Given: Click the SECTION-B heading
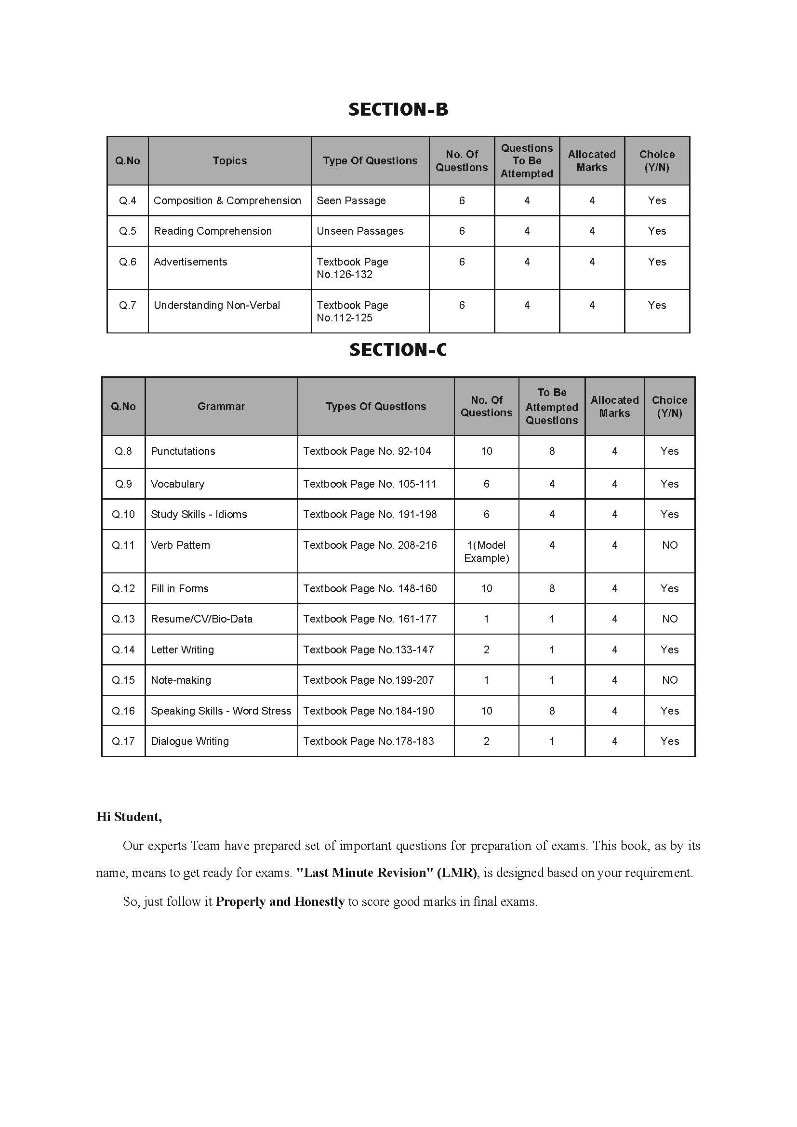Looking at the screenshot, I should (398, 109).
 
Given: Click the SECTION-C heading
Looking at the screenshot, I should (398, 350).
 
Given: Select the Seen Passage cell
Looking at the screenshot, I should (351, 201).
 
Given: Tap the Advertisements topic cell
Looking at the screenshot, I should (190, 262).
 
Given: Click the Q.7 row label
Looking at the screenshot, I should (128, 305).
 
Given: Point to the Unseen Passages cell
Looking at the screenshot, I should (360, 231).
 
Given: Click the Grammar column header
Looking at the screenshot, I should (221, 407).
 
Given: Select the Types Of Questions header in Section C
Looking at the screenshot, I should (376, 407).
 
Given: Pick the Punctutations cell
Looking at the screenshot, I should (183, 451).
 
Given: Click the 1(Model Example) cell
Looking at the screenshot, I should (486, 551).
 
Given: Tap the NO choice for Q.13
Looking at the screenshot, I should (669, 619).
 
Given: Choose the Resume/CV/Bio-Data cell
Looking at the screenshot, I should (201, 619).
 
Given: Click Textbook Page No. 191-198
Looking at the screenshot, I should (370, 515).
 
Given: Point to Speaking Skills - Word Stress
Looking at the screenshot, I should (221, 711).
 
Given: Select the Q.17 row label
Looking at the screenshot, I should (123, 741).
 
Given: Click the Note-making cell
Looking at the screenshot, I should (181, 680).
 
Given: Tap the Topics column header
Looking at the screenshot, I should (230, 161).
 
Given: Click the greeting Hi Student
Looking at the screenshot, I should (129, 817).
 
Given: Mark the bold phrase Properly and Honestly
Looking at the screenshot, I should (280, 902).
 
